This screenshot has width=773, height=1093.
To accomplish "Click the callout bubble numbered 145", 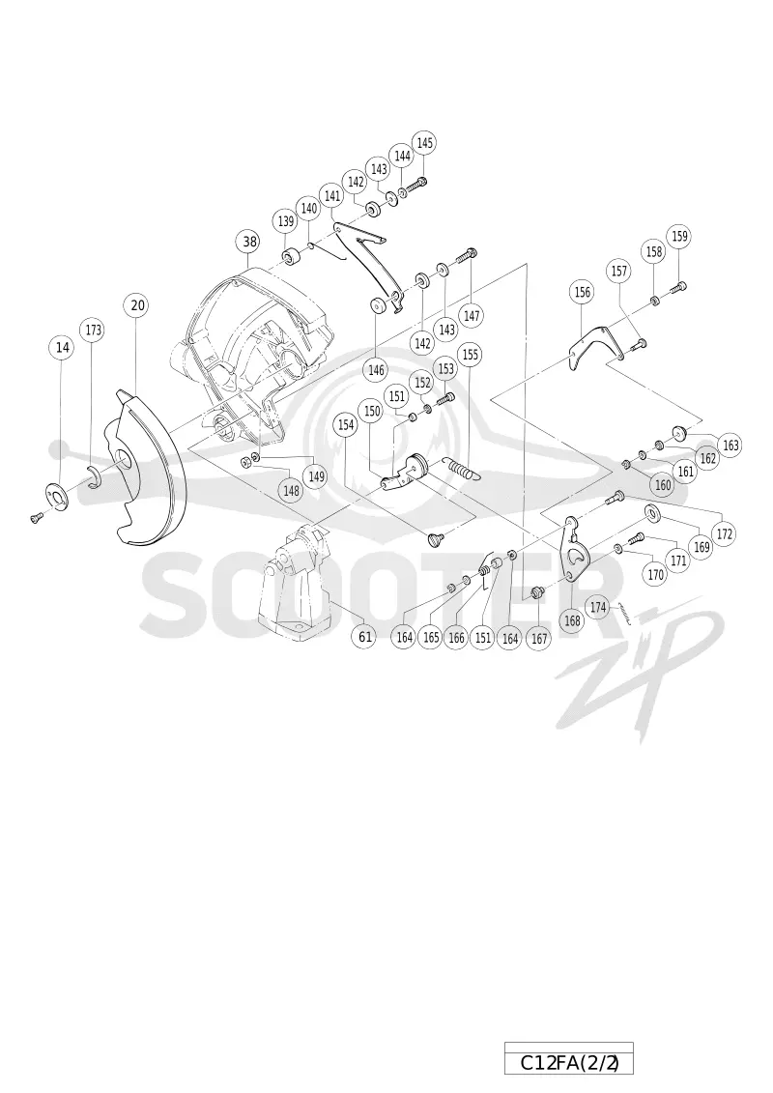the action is point(424,143).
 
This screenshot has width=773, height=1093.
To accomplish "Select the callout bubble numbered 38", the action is point(249,243).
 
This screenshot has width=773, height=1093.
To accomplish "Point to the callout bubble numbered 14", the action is point(63,347).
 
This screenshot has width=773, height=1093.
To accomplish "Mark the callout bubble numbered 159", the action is point(679,237).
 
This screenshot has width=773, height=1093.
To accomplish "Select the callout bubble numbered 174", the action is point(598,608).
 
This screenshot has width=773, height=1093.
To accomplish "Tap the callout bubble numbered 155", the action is point(471,355).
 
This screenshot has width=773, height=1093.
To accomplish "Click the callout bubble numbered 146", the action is point(377,370).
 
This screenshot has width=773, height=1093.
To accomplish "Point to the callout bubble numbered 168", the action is point(572,620).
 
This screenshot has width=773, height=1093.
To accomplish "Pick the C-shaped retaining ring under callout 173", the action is point(95,476).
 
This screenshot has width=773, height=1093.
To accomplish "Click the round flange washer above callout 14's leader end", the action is point(56,494).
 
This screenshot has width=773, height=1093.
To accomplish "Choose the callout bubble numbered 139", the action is point(286,222).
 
